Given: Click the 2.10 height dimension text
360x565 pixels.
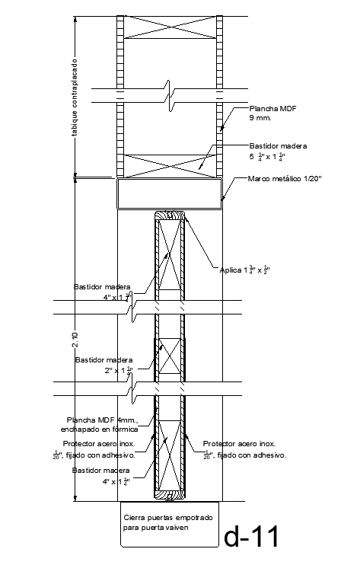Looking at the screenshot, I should (x=75, y=340).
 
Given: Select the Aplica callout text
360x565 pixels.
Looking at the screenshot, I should (x=245, y=270).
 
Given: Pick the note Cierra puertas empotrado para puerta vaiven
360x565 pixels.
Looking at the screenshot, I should (x=169, y=522).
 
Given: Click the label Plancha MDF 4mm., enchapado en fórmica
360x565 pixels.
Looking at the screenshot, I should (x=102, y=425).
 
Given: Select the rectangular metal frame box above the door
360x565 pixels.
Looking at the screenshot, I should (x=168, y=193).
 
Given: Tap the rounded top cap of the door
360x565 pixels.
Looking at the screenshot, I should (x=169, y=216).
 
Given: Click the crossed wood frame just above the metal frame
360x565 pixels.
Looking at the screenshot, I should (x=168, y=164).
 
